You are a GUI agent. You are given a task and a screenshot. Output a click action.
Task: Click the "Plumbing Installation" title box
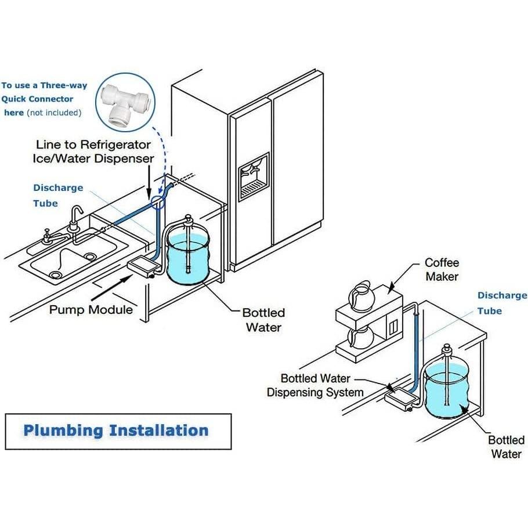[118, 431]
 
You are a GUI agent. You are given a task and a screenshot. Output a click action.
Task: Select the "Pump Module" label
[91, 309]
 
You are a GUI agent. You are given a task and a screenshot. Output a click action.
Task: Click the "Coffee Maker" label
[442, 270]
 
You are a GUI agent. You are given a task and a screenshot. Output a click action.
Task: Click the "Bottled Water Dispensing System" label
[315, 386]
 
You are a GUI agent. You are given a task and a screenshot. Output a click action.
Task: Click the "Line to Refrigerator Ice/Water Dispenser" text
[94, 151]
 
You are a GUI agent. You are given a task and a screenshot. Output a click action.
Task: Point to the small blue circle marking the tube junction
[157, 201]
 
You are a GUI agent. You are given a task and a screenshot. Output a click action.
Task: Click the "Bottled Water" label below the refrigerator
[264, 320]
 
